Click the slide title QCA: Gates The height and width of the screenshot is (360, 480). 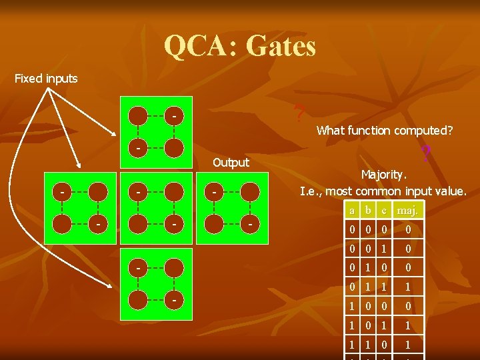240,46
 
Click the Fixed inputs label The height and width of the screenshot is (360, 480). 46,79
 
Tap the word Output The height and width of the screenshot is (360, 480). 231,162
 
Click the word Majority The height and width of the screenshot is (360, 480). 383,175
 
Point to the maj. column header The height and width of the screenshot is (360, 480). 407,211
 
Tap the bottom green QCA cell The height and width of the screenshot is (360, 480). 156,283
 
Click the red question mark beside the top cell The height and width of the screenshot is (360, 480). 301,114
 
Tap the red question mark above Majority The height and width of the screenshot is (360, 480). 425,155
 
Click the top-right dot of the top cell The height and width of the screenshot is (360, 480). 173,116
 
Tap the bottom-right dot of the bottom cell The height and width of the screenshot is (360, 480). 173,300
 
